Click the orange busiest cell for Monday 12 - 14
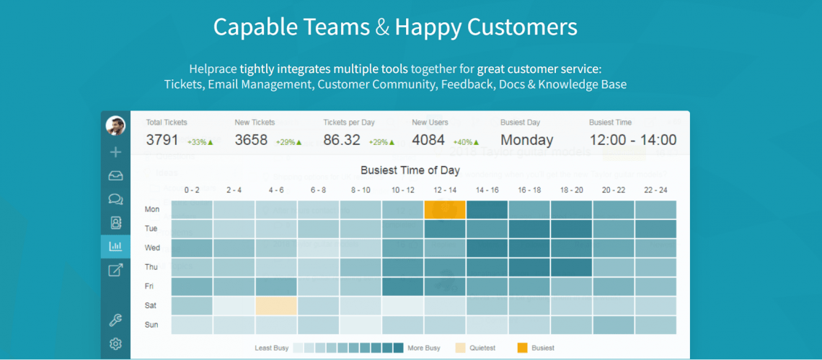(x=444, y=210)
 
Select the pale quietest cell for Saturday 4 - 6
(x=276, y=306)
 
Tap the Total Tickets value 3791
(x=162, y=140)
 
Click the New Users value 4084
(x=428, y=140)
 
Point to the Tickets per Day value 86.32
(x=342, y=140)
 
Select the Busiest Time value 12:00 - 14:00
(x=632, y=140)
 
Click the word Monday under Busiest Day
(x=526, y=140)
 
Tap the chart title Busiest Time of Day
(x=410, y=171)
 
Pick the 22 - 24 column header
(x=655, y=190)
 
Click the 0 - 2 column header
(x=192, y=190)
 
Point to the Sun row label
(x=152, y=325)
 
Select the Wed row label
(x=152, y=247)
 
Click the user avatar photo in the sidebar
(x=115, y=126)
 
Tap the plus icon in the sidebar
(x=115, y=152)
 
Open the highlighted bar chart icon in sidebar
(x=115, y=246)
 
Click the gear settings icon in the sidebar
(x=115, y=343)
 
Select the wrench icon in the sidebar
(x=115, y=320)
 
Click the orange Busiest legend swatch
(x=522, y=348)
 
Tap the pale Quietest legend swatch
(x=461, y=348)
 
